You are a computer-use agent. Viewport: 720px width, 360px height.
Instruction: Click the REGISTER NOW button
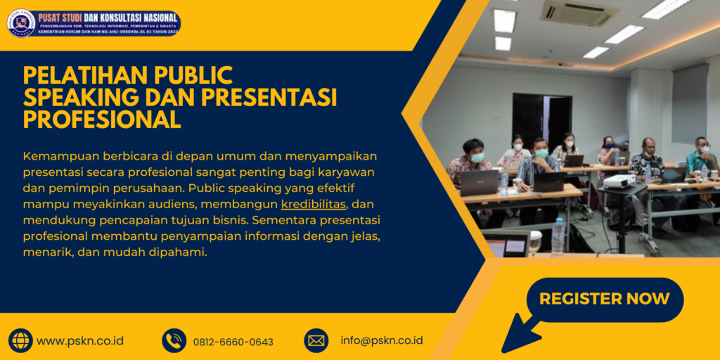coord(605,299)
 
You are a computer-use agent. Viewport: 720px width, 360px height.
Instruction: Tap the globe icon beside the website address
coord(20,340)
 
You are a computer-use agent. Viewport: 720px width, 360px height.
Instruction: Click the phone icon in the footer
coord(174,340)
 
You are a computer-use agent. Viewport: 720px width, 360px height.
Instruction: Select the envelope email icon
coord(316,340)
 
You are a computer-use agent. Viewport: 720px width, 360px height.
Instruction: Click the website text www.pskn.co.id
coord(80,341)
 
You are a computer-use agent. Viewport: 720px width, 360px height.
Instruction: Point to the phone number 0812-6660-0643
coord(233,342)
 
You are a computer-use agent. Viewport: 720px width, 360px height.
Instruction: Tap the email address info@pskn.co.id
coord(381,340)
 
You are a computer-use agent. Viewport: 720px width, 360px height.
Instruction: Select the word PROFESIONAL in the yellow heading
coord(102,120)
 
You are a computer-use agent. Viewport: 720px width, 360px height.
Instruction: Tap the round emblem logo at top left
coord(21,22)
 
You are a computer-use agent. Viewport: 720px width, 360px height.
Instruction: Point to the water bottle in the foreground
coord(558,236)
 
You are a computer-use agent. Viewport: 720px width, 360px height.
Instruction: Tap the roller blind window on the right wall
coord(689,102)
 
